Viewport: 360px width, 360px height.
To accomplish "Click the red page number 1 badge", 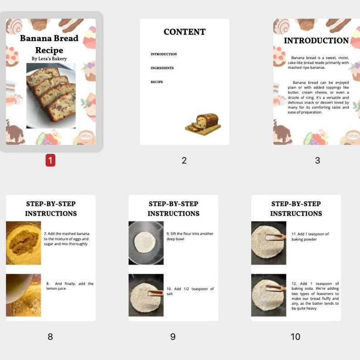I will (x=50, y=160).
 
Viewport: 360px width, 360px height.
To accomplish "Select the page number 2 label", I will (x=184, y=160).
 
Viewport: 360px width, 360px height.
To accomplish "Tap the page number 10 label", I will (x=296, y=336).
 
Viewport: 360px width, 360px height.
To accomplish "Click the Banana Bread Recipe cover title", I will (x=49, y=44).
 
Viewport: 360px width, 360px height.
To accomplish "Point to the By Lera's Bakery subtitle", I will (x=49, y=58).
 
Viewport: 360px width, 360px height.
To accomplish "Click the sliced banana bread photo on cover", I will (x=51, y=95).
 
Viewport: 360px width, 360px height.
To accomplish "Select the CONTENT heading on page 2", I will (x=185, y=32).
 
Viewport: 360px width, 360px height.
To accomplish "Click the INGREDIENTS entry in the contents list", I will (x=162, y=68).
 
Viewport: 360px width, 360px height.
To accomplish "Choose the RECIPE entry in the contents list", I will (x=157, y=82).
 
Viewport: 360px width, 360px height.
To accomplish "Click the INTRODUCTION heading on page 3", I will (x=316, y=40).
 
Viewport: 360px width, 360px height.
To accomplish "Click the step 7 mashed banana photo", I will (x=23, y=243).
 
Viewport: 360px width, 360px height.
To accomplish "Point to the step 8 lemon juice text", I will (x=70, y=286).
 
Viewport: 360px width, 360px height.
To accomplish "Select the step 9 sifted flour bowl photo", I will (x=146, y=243).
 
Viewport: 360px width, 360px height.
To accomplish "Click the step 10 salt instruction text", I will (x=190, y=291).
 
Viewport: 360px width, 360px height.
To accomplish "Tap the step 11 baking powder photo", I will (x=269, y=243).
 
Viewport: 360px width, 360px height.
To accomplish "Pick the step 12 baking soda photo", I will (x=269, y=295).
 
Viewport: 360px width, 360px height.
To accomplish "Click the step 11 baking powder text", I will (x=310, y=236).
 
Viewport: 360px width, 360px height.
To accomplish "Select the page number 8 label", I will (x=50, y=336).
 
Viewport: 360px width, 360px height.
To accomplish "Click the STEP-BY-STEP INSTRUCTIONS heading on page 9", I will (x=173, y=208).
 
